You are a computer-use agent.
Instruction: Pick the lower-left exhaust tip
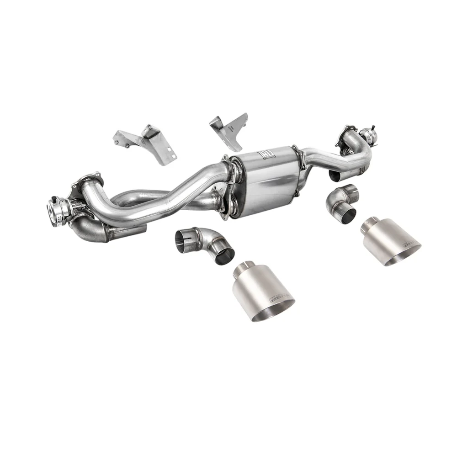(x=262, y=292)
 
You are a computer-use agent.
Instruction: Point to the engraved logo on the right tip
(x=409, y=242)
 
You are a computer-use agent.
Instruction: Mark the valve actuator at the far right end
(x=366, y=134)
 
